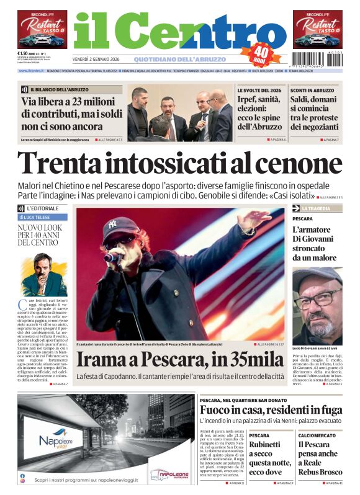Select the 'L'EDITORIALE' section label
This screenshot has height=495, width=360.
42,208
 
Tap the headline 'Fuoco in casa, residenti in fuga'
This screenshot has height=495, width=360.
270,410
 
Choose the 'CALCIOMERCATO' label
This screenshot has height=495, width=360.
317,435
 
